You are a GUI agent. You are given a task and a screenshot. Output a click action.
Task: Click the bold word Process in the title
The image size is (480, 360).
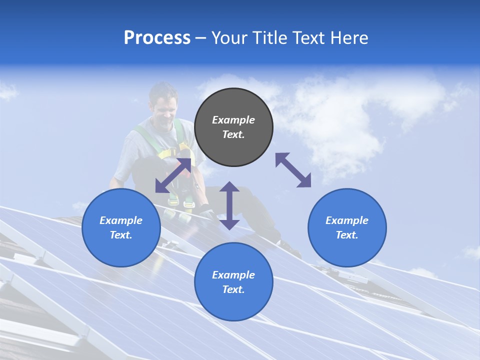tap(157, 38)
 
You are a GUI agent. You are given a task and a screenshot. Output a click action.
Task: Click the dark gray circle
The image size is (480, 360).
tap(233, 127)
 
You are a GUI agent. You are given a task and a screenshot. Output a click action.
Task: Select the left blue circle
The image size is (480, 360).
tap(121, 227)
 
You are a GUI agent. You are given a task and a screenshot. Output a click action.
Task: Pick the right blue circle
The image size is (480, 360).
tap(347, 227)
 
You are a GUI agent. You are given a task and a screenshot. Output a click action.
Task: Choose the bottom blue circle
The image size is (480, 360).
tap(233, 282)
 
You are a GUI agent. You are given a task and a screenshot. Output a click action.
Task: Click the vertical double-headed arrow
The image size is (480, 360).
tap(229, 205)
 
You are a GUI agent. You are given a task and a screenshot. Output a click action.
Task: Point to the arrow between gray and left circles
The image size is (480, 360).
tap(173, 175)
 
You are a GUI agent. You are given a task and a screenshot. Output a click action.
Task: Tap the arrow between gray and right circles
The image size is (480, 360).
tap(293, 170)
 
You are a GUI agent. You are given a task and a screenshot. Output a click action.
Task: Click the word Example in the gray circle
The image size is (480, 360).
tap(233, 120)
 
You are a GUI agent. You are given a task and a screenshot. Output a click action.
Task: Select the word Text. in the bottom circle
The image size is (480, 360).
tap(233, 289)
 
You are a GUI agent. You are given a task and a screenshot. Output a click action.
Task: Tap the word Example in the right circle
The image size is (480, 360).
tap(347, 220)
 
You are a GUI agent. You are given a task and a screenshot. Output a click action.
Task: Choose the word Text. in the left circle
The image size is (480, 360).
tap(121, 235)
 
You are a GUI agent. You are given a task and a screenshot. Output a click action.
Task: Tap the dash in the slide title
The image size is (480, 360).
tap(201, 38)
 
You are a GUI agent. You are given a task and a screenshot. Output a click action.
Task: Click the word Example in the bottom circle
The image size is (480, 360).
tap(233, 275)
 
